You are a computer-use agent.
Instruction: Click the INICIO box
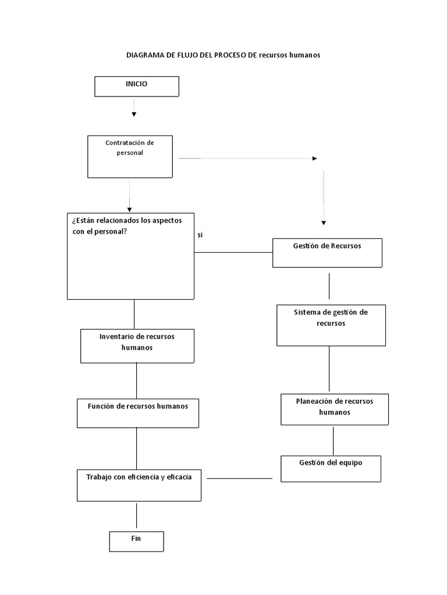click(x=137, y=86)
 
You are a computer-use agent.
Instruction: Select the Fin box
click(x=137, y=542)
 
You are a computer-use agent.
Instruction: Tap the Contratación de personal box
click(x=130, y=157)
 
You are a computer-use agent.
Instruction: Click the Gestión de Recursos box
click(x=327, y=253)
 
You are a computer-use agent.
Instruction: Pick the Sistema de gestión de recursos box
click(x=331, y=325)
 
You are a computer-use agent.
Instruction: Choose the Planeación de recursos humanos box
click(x=335, y=409)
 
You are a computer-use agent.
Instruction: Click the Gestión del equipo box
click(x=331, y=469)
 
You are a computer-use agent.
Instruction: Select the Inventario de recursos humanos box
click(x=137, y=346)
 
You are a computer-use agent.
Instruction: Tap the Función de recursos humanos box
click(x=138, y=413)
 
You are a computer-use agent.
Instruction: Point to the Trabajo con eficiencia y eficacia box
click(x=139, y=485)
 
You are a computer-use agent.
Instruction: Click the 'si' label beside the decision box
click(x=200, y=235)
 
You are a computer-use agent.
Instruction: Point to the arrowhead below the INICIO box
click(x=134, y=114)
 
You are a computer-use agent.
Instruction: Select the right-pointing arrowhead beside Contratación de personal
click(x=315, y=158)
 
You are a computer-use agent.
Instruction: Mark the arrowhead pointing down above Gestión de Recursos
click(x=324, y=223)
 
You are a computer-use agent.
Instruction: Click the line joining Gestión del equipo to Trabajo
click(x=240, y=478)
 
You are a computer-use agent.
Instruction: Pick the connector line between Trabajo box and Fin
click(x=137, y=516)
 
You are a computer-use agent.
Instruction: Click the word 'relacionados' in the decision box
click(x=120, y=221)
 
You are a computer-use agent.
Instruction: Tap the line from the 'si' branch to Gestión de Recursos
click(x=234, y=253)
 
